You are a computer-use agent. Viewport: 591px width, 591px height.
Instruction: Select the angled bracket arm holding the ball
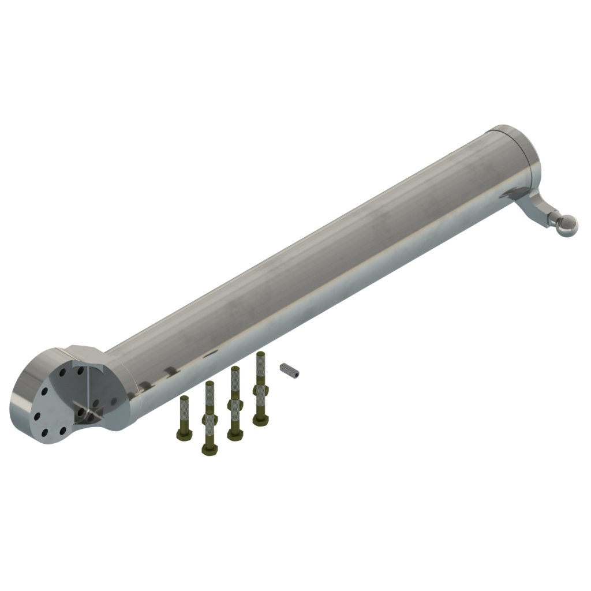coord(536,207)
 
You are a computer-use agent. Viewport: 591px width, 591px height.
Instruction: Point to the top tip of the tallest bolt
coord(260,355)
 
